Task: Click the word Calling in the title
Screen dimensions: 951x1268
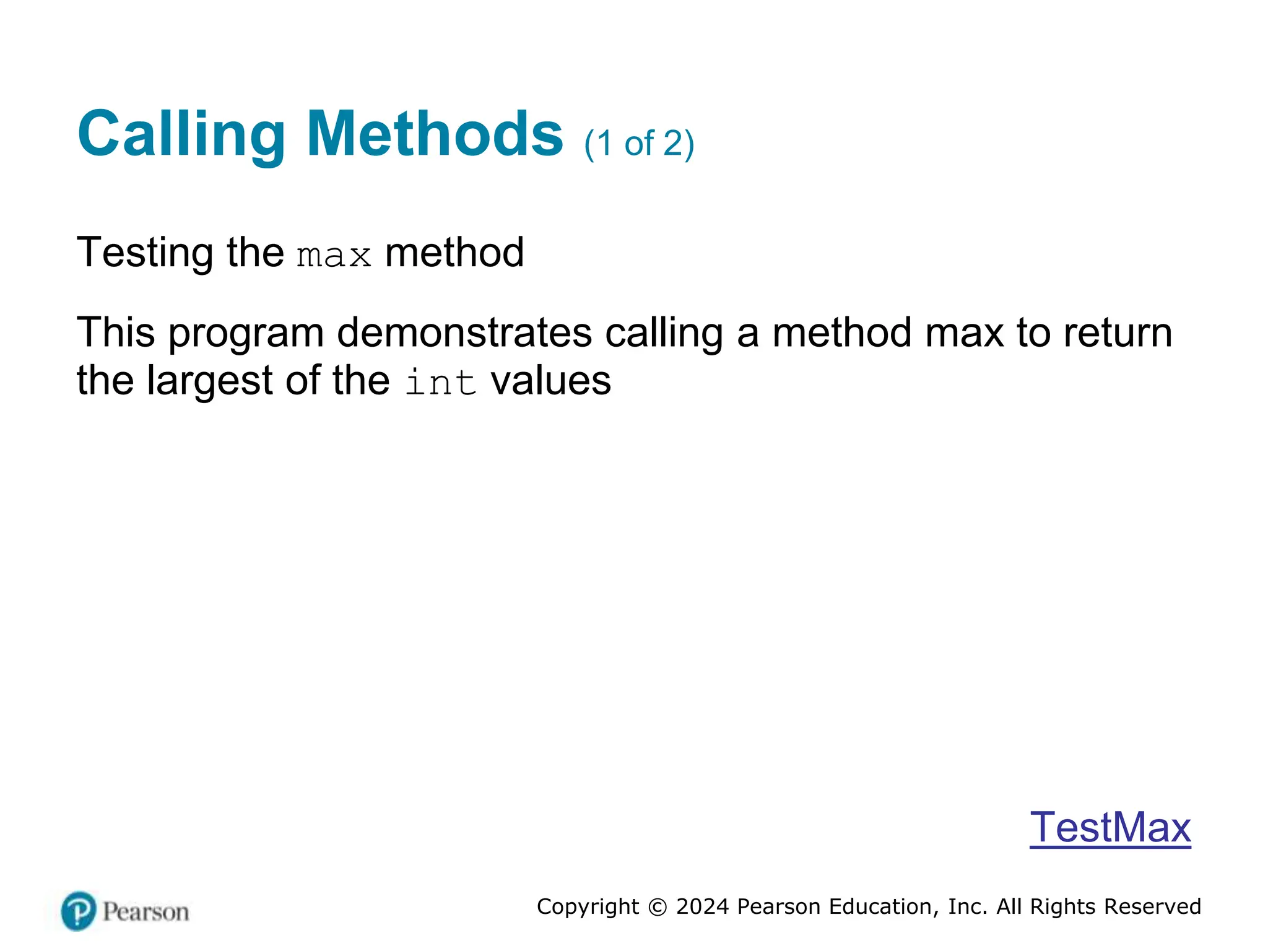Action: tap(181, 135)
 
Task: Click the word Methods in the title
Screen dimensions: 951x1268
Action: tap(435, 134)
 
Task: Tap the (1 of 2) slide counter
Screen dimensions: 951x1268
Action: tap(639, 144)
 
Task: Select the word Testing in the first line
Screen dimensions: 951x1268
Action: tap(145, 253)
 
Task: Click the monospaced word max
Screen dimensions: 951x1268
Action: tap(334, 256)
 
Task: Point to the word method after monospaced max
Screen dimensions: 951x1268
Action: tap(454, 253)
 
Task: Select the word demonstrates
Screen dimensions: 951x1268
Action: tap(464, 332)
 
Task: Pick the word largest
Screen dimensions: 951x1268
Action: tap(209, 381)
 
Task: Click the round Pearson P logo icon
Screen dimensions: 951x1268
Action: tap(79, 911)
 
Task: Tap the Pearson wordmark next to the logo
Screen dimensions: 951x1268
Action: tap(145, 912)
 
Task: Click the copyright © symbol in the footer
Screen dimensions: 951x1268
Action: tap(657, 907)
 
